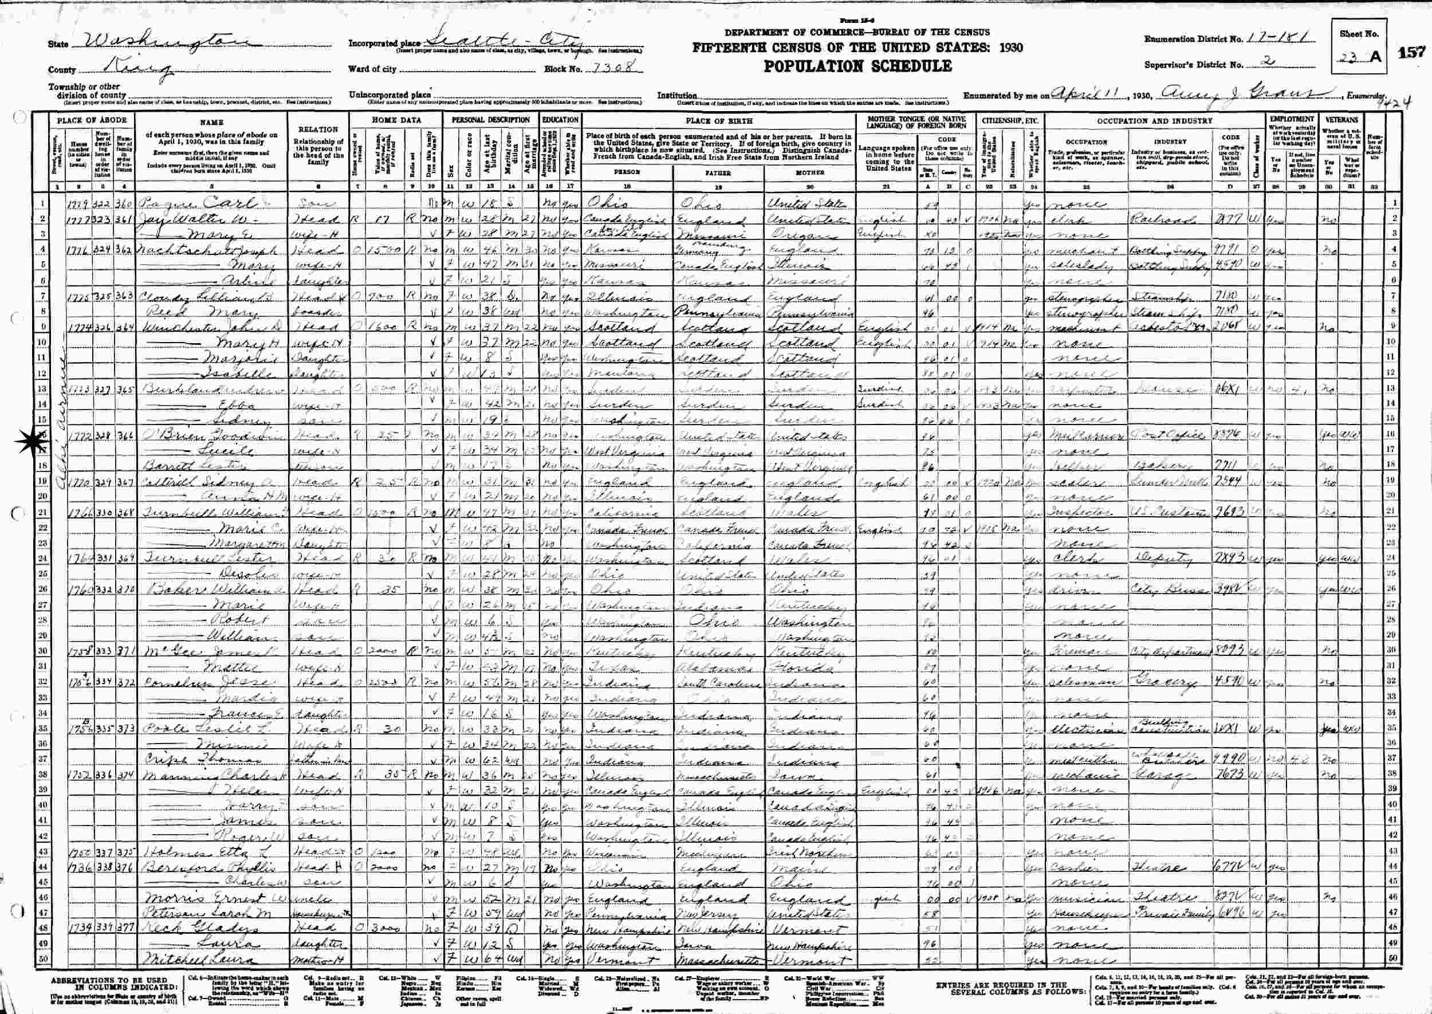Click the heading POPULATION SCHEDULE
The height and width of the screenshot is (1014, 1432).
point(857,66)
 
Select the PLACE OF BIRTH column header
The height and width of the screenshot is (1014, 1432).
point(718,120)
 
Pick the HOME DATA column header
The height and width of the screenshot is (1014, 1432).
point(396,120)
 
